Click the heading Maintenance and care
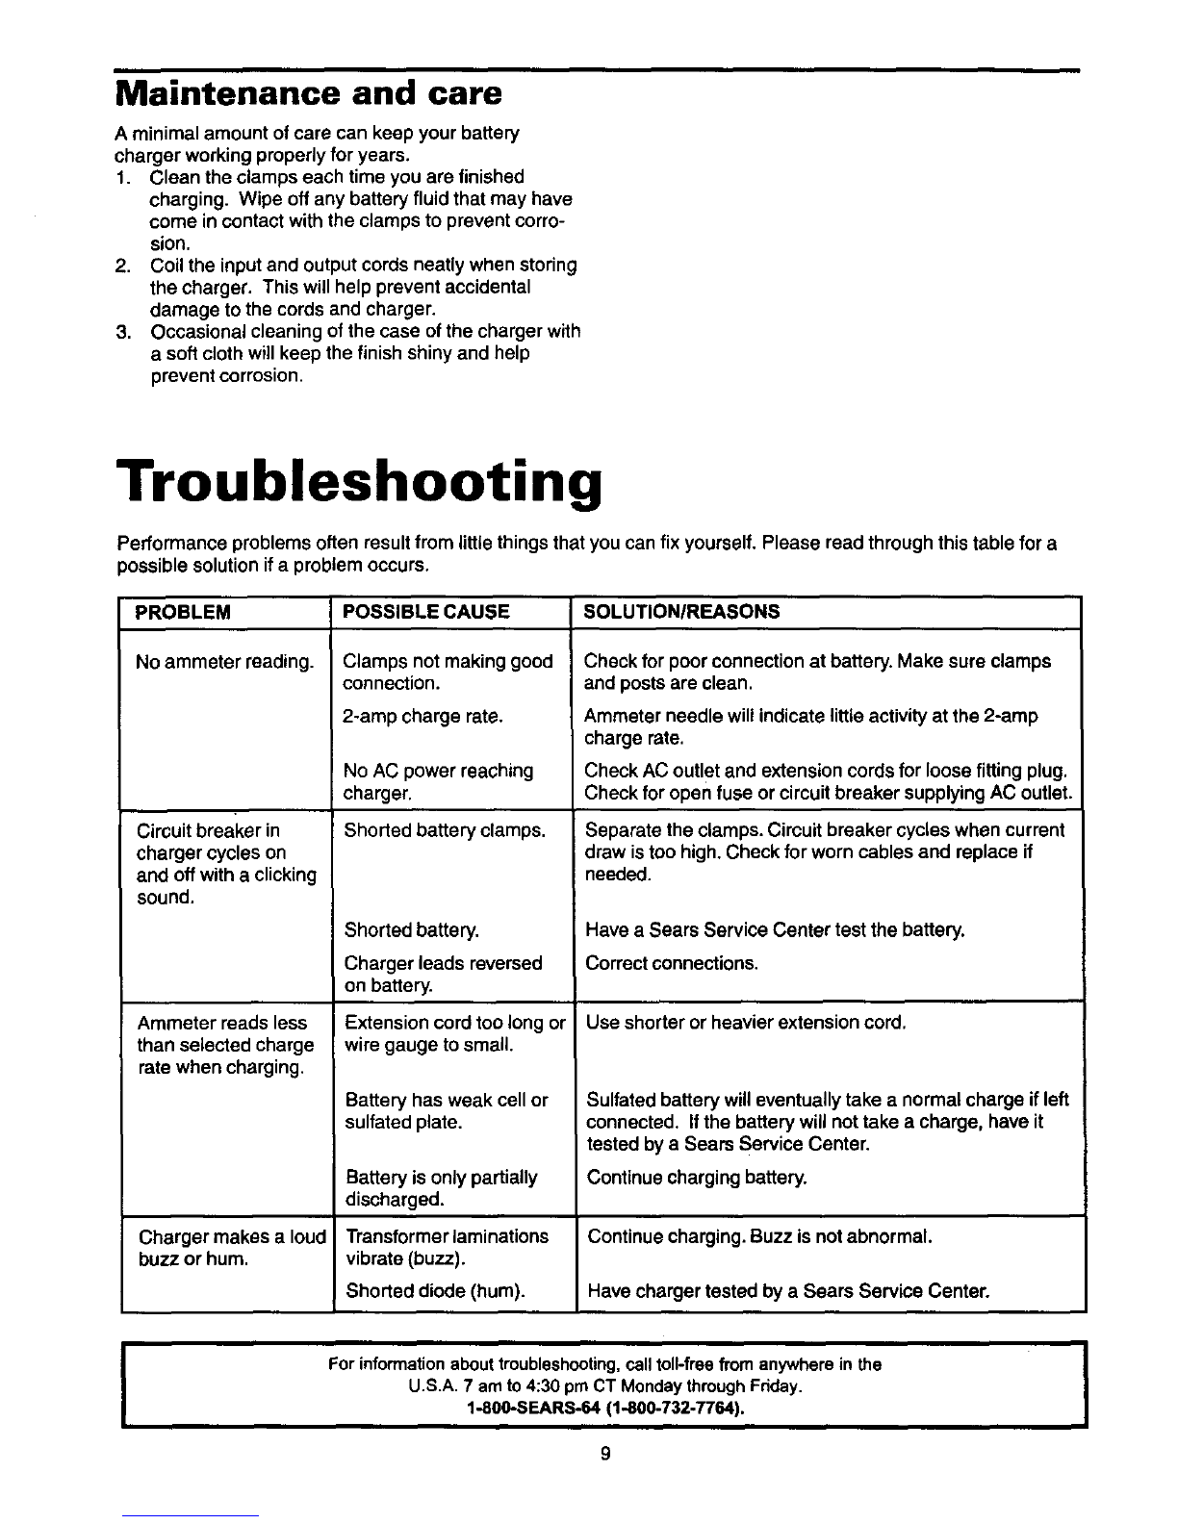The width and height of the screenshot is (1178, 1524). [308, 94]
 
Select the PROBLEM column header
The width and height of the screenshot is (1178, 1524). [183, 612]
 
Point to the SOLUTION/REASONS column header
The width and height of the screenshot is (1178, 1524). [682, 612]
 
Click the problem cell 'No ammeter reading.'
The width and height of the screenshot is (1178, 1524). [225, 662]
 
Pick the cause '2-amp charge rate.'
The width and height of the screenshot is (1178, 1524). [423, 716]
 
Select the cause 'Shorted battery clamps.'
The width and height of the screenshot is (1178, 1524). [445, 830]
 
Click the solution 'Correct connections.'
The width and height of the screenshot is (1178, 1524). [672, 963]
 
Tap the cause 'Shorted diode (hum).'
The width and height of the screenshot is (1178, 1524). [435, 1291]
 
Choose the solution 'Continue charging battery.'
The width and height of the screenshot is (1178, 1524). [697, 1178]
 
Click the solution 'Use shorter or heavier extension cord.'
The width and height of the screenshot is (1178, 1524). [746, 1023]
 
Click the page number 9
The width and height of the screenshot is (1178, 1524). [604, 1455]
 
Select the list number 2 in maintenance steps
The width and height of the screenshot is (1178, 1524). [122, 265]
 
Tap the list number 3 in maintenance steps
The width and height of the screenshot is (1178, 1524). [122, 332]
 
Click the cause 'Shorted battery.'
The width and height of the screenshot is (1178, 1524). [411, 930]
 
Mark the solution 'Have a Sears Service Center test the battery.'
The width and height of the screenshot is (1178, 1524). [775, 930]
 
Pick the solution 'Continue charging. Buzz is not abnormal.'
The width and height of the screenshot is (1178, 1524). [759, 1236]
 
